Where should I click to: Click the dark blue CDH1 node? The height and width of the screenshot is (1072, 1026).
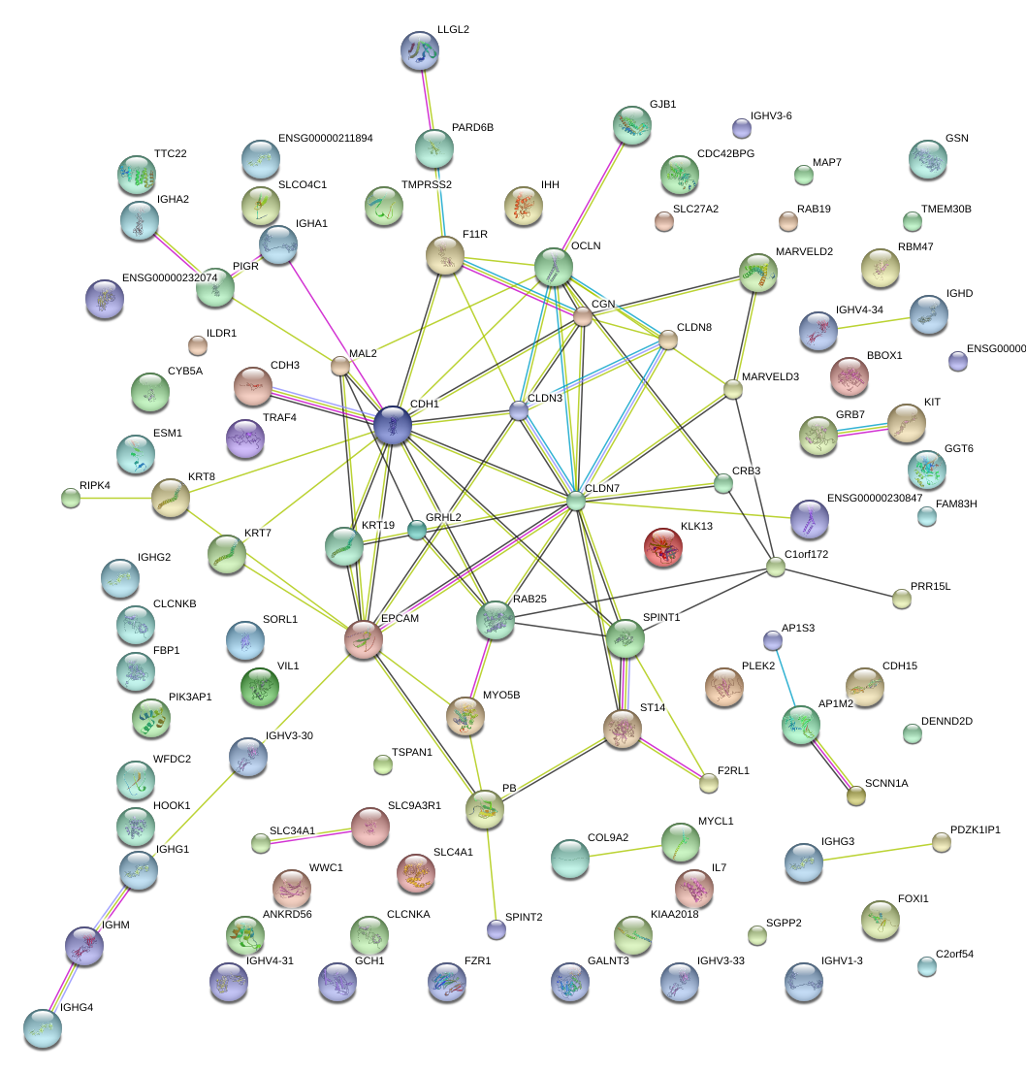[392, 425]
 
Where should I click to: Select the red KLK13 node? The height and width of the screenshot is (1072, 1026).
[664, 548]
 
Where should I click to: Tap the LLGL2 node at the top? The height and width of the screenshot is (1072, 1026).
[420, 50]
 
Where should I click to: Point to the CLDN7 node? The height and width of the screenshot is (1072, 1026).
[577, 501]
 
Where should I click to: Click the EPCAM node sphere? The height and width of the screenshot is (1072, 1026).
[364, 639]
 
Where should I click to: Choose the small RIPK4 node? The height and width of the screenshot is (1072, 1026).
[70, 499]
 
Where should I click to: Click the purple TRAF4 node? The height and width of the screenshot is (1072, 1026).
[244, 439]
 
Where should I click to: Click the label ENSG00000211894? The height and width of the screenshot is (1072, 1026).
[325, 138]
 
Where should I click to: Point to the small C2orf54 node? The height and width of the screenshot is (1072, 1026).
[927, 965]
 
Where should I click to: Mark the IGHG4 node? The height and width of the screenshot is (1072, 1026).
[41, 1028]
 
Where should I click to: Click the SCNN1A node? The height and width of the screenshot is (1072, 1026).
[855, 796]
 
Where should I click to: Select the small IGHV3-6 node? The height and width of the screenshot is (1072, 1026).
[741, 127]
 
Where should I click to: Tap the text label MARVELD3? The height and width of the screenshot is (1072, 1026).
[770, 376]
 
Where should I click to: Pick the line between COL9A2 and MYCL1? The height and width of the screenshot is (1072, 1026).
[626, 851]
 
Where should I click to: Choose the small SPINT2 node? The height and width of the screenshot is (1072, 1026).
[497, 929]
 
